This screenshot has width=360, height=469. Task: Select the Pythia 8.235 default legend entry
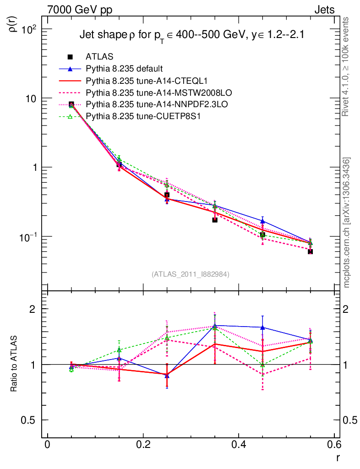(x=124, y=69)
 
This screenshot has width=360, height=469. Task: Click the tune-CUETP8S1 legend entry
(x=137, y=117)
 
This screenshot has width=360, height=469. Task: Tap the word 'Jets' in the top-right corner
(x=324, y=10)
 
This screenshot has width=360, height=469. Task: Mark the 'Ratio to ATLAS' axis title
(x=15, y=365)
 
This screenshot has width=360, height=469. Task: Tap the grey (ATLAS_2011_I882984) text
(x=191, y=274)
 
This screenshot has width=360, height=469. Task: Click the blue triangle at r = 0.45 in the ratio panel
(x=262, y=327)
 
